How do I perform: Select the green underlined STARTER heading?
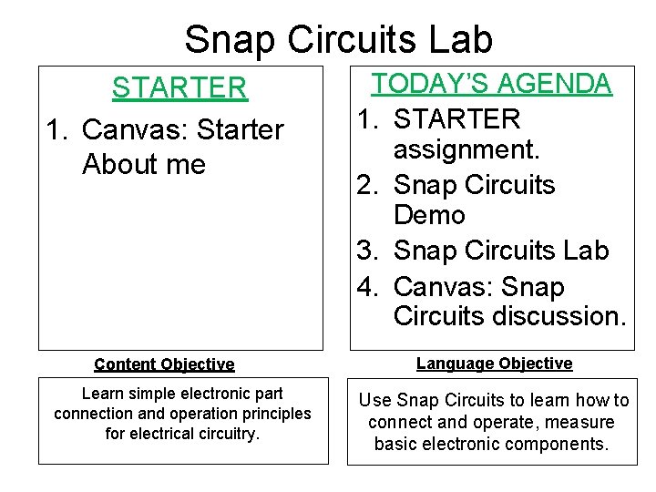(x=179, y=88)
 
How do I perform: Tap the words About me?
(x=144, y=165)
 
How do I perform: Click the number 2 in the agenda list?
(x=368, y=185)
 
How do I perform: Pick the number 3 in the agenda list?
(x=368, y=251)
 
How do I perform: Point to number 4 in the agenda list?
(x=368, y=287)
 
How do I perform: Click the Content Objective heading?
(x=164, y=364)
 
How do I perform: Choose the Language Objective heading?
(x=494, y=364)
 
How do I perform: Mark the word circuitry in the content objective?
(x=225, y=434)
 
